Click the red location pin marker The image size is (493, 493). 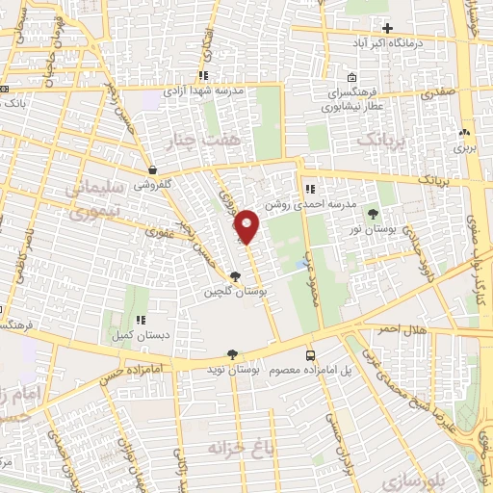point(247,225)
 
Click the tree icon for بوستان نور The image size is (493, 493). point(372,214)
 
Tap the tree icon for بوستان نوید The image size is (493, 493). point(232,355)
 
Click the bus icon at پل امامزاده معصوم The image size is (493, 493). point(309,355)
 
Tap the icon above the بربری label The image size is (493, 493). point(465,133)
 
